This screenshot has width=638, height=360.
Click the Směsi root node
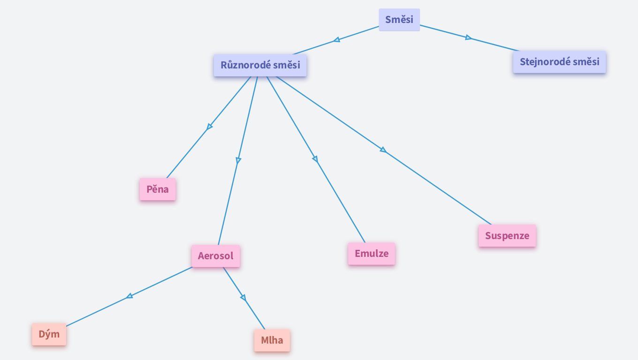(x=399, y=20)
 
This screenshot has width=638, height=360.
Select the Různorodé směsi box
(x=260, y=65)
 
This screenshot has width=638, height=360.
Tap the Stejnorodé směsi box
(x=559, y=62)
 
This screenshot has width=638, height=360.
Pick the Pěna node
(x=158, y=189)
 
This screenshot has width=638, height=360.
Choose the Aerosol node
(x=216, y=256)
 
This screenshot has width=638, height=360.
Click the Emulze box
(x=372, y=254)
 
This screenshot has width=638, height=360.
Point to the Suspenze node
(x=507, y=236)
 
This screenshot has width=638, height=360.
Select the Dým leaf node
(x=49, y=334)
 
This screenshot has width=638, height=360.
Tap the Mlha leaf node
(x=272, y=340)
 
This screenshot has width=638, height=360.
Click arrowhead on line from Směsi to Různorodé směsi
(x=336, y=40)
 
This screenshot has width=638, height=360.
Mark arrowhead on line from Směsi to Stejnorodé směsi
(x=468, y=37)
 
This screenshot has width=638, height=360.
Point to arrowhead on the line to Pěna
(x=209, y=127)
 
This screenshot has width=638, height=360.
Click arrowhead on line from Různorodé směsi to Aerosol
(x=238, y=160)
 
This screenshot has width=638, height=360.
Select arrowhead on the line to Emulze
(x=315, y=159)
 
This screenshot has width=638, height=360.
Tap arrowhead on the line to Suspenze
(x=383, y=150)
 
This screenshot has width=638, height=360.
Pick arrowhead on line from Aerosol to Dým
(x=129, y=296)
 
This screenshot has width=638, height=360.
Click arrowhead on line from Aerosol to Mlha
(x=243, y=297)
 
